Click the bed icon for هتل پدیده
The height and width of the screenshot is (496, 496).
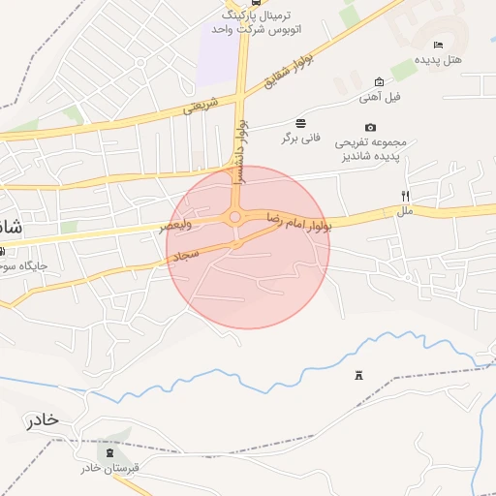[x=439, y=45]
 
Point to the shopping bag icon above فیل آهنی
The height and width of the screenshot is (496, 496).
[x=379, y=81]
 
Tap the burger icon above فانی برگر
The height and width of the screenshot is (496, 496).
[x=301, y=123]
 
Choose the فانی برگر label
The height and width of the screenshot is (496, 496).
[x=300, y=139]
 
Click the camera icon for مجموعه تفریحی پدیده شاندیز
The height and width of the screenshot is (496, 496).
[x=370, y=127]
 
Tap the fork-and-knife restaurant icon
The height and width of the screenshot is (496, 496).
[x=405, y=195]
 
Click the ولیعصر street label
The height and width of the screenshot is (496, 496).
[x=176, y=228]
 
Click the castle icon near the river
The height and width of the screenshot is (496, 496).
[x=359, y=375]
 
